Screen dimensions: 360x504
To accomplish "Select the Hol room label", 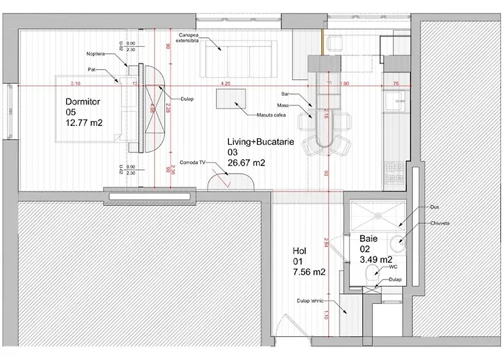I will tap(300, 250).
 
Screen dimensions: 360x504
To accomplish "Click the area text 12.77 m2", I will tap(85, 122).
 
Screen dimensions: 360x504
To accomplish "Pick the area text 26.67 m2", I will tap(247, 163).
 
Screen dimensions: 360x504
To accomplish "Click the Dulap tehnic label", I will tap(310, 302).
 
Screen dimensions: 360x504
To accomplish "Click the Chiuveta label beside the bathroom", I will tap(439, 223).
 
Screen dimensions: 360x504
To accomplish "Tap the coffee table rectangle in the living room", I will tap(232, 99).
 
